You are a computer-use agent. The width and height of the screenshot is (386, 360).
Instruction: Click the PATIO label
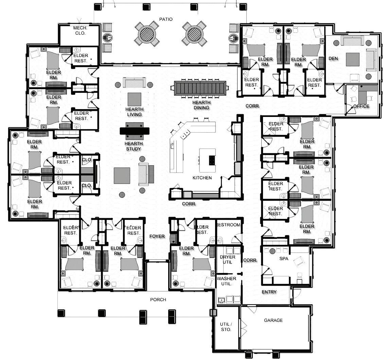(x=166, y=19)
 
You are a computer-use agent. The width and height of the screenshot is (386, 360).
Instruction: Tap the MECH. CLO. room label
(x=80, y=31)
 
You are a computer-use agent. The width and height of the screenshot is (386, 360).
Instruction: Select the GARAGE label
(x=273, y=320)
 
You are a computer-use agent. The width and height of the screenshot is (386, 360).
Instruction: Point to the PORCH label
(x=158, y=300)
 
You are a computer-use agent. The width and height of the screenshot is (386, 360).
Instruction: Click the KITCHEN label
(x=202, y=178)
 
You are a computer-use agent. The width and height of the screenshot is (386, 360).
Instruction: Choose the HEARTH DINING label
(x=201, y=105)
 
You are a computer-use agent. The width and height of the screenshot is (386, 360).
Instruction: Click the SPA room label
(x=284, y=259)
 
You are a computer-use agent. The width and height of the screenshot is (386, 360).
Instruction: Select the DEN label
(x=333, y=58)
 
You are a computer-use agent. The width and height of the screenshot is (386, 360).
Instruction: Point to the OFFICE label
(x=361, y=106)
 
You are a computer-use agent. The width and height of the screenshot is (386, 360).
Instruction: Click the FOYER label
(x=157, y=236)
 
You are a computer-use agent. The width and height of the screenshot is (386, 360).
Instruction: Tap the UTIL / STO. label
(x=226, y=327)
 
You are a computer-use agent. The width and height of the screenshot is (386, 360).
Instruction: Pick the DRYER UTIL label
(x=227, y=259)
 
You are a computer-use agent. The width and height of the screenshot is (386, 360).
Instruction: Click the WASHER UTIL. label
(x=227, y=281)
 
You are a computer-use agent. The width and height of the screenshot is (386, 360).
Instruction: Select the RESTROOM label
(x=228, y=225)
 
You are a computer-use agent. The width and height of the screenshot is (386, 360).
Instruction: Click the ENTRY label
(x=269, y=292)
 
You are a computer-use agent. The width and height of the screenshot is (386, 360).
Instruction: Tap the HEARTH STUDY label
(x=134, y=146)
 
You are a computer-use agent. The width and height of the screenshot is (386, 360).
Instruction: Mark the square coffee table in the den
(x=352, y=59)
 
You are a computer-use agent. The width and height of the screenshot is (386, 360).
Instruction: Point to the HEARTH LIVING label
(x=135, y=112)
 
